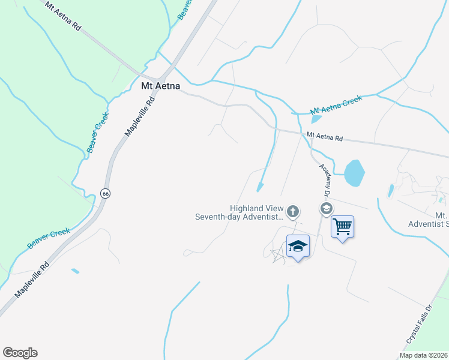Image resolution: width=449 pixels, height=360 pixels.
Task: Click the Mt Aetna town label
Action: tap(160, 86)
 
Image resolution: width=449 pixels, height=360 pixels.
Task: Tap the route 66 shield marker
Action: tap(106, 193)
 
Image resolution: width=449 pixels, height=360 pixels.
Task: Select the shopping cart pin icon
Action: tap(342, 227)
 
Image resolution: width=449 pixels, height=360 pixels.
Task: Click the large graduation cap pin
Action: tap(298, 246)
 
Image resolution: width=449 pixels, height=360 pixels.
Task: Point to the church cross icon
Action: tap(293, 211)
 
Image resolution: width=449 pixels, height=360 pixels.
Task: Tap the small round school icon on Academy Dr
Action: tap(327, 209)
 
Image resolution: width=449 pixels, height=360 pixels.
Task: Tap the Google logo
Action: tap(20, 353)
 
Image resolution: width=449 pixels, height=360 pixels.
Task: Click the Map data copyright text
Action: tap(424, 355)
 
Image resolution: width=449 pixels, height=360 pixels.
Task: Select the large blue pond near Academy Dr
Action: tap(355, 172)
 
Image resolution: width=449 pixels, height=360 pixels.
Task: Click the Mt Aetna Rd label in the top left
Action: tap(63, 15)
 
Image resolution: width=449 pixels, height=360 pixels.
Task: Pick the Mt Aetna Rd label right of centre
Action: tap(324, 137)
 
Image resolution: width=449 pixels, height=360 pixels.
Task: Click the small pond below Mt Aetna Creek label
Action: tap(317, 119)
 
